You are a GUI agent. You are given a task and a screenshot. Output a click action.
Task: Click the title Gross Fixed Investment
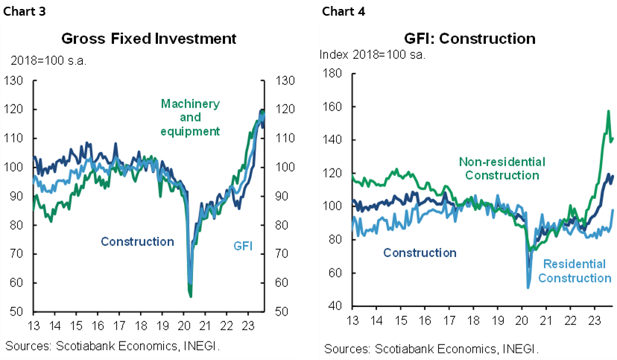149,39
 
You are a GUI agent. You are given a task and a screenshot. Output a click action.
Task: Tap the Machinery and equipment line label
190,117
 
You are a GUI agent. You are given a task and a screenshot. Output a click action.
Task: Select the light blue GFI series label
243,246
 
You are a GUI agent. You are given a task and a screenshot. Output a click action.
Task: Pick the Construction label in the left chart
137,241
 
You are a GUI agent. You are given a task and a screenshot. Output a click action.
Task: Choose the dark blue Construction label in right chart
420,253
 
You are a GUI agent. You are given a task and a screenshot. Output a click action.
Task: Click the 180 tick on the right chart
332,73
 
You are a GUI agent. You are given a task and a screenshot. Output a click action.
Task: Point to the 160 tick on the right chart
332,107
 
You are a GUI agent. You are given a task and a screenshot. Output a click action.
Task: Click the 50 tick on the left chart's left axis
15,312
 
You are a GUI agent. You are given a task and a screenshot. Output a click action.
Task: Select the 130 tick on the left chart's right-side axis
286,80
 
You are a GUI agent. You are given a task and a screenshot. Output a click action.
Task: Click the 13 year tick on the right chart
352,320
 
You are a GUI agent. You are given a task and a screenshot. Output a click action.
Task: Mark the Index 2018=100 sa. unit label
372,54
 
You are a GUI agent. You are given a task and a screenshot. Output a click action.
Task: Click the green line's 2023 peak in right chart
608,111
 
